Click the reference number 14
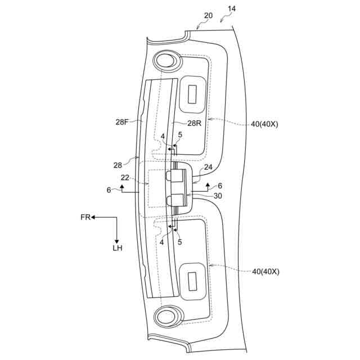pyautogui.click(x=232, y=10)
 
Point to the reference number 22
pyautogui.click(x=125, y=177)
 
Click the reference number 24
pyautogui.click(x=208, y=168)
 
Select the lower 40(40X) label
pyautogui.click(x=265, y=271)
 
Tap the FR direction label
pyautogui.click(x=85, y=217)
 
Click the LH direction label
pyautogui.click(x=116, y=247)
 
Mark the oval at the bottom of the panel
pyautogui.click(x=166, y=317)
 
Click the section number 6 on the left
pyautogui.click(x=109, y=190)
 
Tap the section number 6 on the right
pyautogui.click(x=220, y=185)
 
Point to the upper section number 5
pyautogui.click(x=180, y=135)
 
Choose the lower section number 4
pyautogui.click(x=163, y=242)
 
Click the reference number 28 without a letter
pyautogui.click(x=118, y=165)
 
